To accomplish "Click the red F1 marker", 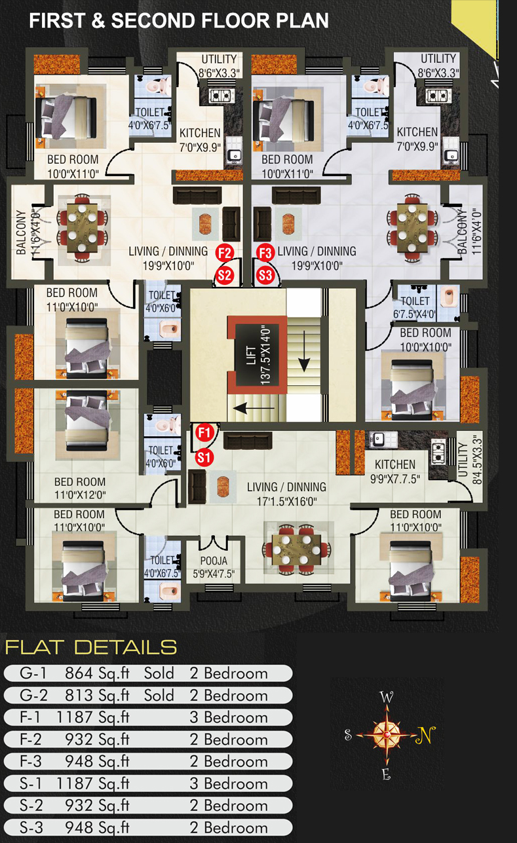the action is pyautogui.click(x=204, y=432).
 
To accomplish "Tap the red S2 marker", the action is pyautogui.click(x=224, y=276).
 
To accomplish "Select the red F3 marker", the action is pyautogui.click(x=265, y=253).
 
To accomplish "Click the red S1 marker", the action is pyautogui.click(x=204, y=458).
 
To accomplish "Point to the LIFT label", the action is pyautogui.click(x=251, y=355).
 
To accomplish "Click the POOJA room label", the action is pyautogui.click(x=214, y=561).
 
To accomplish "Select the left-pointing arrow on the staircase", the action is pyautogui.click(x=254, y=407).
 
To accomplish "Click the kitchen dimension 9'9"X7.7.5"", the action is pyautogui.click(x=395, y=479).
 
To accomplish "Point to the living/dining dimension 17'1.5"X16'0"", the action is pyautogui.click(x=286, y=501).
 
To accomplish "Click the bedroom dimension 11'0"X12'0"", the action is pyautogui.click(x=80, y=495).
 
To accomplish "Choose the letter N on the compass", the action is pyautogui.click(x=425, y=734).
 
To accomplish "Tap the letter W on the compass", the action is pyautogui.click(x=387, y=697).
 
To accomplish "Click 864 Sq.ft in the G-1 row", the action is pyautogui.click(x=97, y=673).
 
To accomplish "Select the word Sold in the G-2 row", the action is pyautogui.click(x=159, y=695).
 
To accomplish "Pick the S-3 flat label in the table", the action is pyautogui.click(x=31, y=827).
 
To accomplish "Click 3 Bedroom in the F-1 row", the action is pyautogui.click(x=229, y=717).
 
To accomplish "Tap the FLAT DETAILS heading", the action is pyautogui.click(x=90, y=647).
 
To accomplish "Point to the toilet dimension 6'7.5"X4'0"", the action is pyautogui.click(x=415, y=314).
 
